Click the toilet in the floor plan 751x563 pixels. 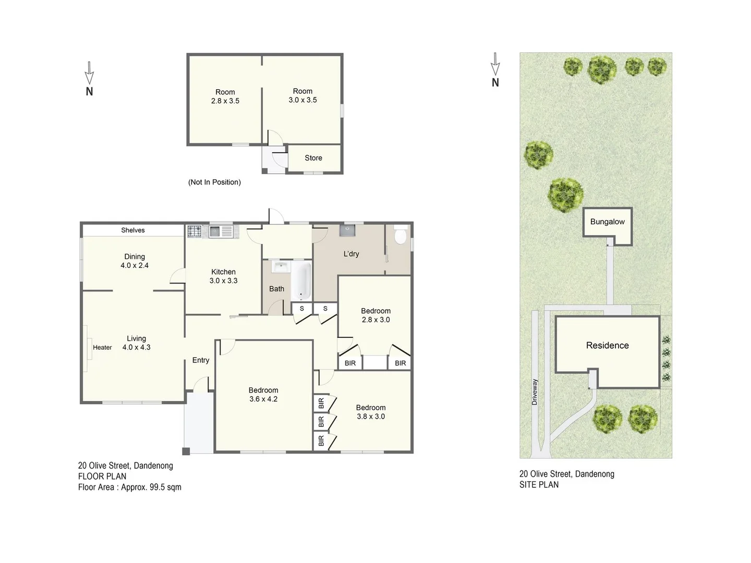tap(401, 236)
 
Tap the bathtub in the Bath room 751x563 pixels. tap(301, 281)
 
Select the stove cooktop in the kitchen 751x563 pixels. tap(195, 231)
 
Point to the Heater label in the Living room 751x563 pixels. tap(102, 348)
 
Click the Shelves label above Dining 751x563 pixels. tap(133, 230)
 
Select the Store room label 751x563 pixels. tap(313, 158)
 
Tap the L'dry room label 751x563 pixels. tap(351, 254)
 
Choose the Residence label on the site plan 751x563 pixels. tap(607, 346)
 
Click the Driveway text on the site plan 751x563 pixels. tap(535, 392)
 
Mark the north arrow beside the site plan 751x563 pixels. tap(495, 70)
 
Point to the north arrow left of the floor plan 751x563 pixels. tap(89, 79)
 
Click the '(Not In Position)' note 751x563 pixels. tap(214, 182)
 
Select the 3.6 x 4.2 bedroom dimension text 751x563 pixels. tap(263, 399)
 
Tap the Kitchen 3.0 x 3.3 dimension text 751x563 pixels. tap(223, 280)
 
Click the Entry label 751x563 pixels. tap(200, 360)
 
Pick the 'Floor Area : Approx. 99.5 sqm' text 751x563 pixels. tap(130, 487)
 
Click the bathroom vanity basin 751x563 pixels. tap(281, 267)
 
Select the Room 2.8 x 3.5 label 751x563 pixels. tap(225, 96)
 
